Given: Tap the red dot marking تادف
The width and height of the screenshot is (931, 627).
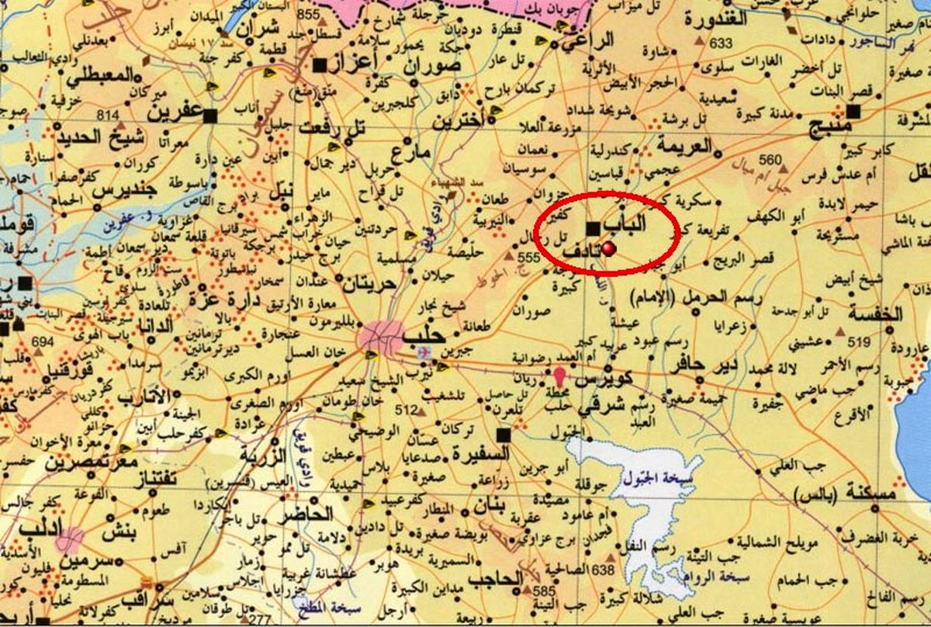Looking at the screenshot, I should (x=609, y=248).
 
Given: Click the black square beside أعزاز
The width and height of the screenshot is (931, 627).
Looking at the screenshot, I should (x=319, y=66).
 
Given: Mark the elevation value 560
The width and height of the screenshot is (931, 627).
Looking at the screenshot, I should (x=770, y=160).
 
